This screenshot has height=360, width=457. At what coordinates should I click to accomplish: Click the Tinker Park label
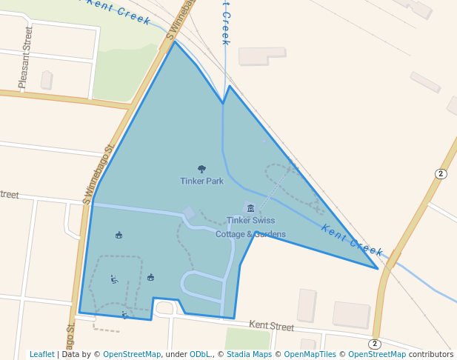click(x=201, y=181)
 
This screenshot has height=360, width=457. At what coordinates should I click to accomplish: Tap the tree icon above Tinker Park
click(x=201, y=170)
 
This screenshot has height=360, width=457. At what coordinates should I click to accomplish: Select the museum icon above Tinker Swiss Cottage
click(x=250, y=208)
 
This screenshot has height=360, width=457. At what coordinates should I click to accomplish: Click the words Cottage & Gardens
click(x=250, y=234)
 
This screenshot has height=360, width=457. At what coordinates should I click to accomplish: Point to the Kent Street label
click(x=271, y=325)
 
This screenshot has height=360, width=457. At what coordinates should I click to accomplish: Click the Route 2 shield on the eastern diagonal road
click(x=441, y=173)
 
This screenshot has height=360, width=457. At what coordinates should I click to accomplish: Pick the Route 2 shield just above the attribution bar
click(x=375, y=344)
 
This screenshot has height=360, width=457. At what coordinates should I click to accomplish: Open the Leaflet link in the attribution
click(x=41, y=354)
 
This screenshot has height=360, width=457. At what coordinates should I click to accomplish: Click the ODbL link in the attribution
click(x=203, y=354)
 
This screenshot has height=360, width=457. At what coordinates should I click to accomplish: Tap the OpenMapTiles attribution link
click(x=306, y=354)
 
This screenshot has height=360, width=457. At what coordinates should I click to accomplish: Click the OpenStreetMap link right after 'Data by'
click(x=132, y=354)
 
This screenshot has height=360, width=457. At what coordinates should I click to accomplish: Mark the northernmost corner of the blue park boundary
click(x=175, y=41)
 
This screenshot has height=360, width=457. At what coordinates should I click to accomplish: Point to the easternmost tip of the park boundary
click(x=378, y=268)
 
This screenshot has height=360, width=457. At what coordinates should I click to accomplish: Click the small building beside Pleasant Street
click(x=47, y=79)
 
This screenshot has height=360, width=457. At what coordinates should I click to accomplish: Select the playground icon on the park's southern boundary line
click(x=124, y=315)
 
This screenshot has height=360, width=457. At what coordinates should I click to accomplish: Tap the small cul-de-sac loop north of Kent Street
click(x=164, y=307)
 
